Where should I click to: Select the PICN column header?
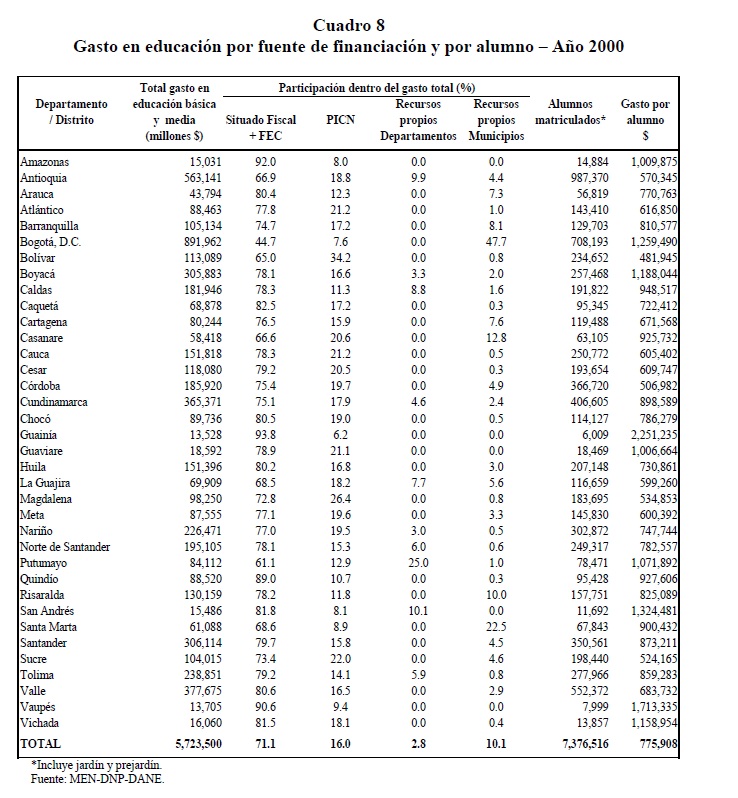pos(340,120)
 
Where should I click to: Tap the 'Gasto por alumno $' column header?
pos(645,119)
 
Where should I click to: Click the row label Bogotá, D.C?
pos(53,241)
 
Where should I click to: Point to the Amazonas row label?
pos(45,161)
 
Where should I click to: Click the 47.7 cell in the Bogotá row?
pos(493,241)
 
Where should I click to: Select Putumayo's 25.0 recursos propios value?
pos(418,564)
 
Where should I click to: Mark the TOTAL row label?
pos(41,744)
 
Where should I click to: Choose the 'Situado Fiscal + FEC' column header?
pos(261,127)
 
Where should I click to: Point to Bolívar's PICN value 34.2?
pos(340,257)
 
